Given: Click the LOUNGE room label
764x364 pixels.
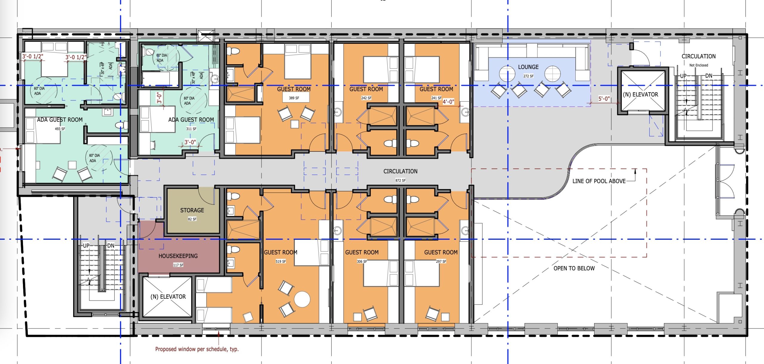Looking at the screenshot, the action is coord(528,67).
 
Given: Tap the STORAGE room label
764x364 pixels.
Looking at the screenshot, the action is coord(192,210).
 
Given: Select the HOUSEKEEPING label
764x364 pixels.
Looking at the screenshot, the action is coord(178,256).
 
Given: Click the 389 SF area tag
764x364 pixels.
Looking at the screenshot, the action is coord(294,98).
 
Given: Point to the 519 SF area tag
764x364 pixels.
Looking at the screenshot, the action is coord(281,262).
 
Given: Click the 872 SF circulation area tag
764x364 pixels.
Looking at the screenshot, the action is coord(401,180).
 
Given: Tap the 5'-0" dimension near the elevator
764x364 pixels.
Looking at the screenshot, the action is coord(604,99).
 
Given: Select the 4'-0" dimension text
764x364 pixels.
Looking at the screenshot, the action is coord(448,102).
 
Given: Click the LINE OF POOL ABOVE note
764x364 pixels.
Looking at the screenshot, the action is coord(599,181).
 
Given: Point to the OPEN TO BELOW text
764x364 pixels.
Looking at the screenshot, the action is coord(574,268).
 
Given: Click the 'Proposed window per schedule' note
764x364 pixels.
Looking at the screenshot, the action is coord(197,349).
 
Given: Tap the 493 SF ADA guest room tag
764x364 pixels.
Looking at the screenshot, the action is coord(60,129).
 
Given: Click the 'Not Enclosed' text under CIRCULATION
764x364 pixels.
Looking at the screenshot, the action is coord(699,65).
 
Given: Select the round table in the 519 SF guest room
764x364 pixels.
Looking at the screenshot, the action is coord(302,299).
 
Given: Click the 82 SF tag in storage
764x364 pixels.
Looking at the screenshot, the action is coord(192,219).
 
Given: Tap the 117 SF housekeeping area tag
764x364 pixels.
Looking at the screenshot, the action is coord(178,265).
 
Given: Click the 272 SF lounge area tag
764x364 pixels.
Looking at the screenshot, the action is coord(528,76).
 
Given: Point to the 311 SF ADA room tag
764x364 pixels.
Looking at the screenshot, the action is coord(191,129).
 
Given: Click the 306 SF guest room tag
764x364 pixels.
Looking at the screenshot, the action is coord(362,262).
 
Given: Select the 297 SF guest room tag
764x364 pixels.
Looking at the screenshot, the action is coord(441,262).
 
